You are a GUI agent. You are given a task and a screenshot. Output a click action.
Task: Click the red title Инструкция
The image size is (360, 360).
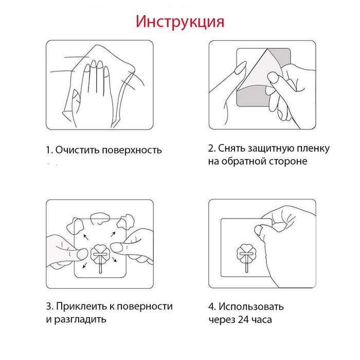[x=180, y=22]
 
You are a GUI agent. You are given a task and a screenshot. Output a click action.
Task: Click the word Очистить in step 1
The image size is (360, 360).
[x=78, y=150]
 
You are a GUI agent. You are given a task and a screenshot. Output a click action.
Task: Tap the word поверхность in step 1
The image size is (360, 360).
[x=132, y=150]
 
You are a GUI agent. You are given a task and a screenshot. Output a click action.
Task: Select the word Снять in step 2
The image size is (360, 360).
[x=231, y=148]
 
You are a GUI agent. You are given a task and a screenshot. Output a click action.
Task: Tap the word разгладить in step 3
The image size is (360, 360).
[x=80, y=319]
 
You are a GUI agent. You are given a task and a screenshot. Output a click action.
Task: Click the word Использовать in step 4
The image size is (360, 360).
[x=251, y=307]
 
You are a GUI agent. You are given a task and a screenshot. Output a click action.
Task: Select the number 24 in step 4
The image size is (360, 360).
[x=243, y=319]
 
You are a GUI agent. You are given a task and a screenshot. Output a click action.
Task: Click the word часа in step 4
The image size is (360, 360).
[x=262, y=319]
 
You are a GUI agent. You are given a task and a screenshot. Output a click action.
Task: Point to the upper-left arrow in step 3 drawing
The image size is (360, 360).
[x=86, y=237]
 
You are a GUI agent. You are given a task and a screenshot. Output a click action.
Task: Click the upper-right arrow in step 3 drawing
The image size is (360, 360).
[x=113, y=235]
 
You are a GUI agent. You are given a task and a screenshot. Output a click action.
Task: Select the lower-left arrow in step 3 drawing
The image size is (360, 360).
[x=84, y=265]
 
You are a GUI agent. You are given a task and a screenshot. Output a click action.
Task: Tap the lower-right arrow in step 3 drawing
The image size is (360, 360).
[x=114, y=259]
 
